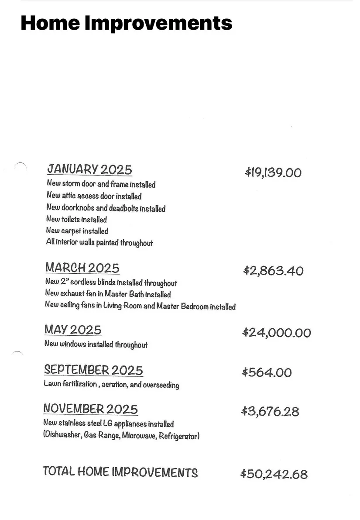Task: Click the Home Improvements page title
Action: [x=126, y=23]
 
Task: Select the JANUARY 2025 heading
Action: [x=89, y=169]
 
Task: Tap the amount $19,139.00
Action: [x=273, y=172]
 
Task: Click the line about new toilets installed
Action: [x=76, y=219]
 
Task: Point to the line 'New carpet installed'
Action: [x=77, y=231]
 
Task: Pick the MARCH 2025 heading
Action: [x=82, y=268]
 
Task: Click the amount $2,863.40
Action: [x=273, y=271]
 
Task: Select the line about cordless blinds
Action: [x=111, y=283]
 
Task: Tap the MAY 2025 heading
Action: [x=73, y=330]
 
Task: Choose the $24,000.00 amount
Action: [x=277, y=333]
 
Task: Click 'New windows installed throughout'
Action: [x=96, y=344]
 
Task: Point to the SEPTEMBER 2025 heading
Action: [x=93, y=370]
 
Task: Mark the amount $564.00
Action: [x=267, y=372]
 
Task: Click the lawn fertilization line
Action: [x=111, y=385]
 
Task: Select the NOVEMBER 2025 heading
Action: [x=90, y=409]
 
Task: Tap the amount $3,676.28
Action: [x=271, y=411]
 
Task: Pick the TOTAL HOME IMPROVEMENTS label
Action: [x=120, y=472]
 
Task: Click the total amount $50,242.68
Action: [x=274, y=474]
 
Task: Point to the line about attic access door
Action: [x=94, y=196]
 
